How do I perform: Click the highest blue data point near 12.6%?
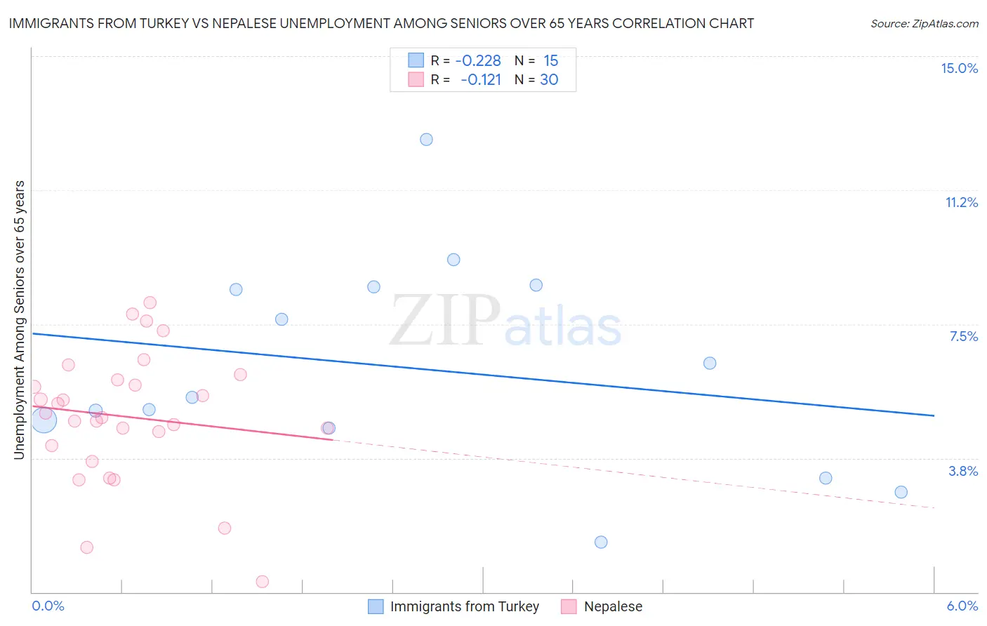pyautogui.click(x=426, y=140)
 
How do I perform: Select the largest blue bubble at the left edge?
pyautogui.click(x=44, y=420)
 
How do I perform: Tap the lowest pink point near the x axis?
pyautogui.click(x=263, y=581)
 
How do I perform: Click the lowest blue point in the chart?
pyautogui.click(x=601, y=542)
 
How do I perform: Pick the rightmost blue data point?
pyautogui.click(x=901, y=492)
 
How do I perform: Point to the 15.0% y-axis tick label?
pyautogui.click(x=959, y=68)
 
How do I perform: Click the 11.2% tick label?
pyautogui.click(x=961, y=202)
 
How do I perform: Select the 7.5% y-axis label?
pyautogui.click(x=963, y=336)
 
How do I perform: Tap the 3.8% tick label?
pyautogui.click(x=963, y=471)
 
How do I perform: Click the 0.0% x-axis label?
pyautogui.click(x=48, y=606)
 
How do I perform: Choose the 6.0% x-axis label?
pyautogui.click(x=962, y=606)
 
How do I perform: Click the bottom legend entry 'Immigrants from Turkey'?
pyautogui.click(x=464, y=606)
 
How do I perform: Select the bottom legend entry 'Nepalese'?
pyautogui.click(x=613, y=606)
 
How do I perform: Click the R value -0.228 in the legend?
pyautogui.click(x=478, y=61)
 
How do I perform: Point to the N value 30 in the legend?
pyautogui.click(x=549, y=80)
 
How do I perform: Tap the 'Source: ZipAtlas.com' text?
pyautogui.click(x=924, y=23)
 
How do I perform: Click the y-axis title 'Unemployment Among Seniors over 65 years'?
pyautogui.click(x=19, y=320)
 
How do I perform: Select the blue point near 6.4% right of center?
pyautogui.click(x=710, y=363)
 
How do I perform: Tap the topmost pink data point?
pyautogui.click(x=150, y=302)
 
